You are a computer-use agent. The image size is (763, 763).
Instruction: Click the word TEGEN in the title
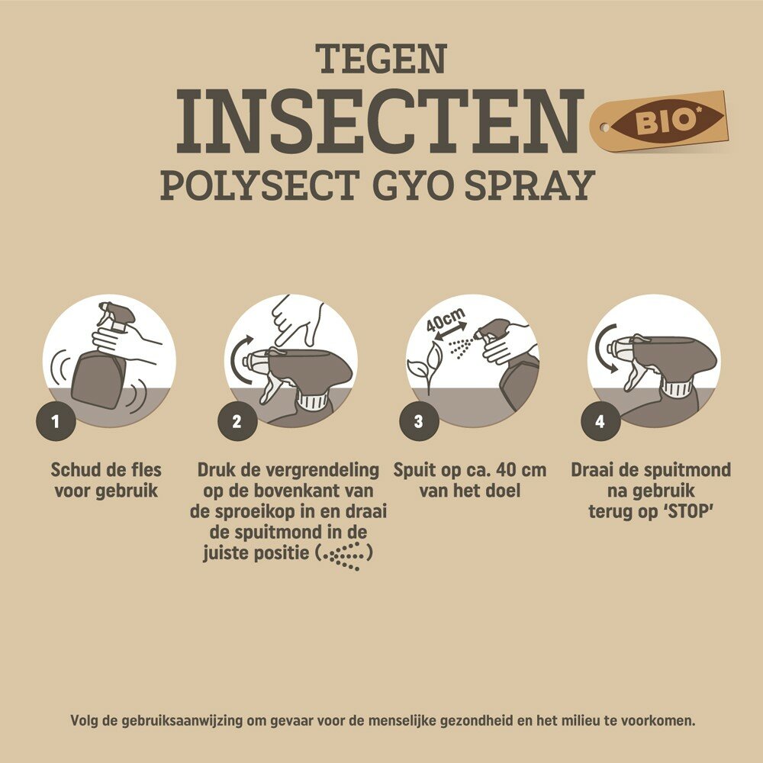(381, 60)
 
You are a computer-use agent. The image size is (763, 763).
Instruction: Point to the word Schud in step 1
(75, 470)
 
